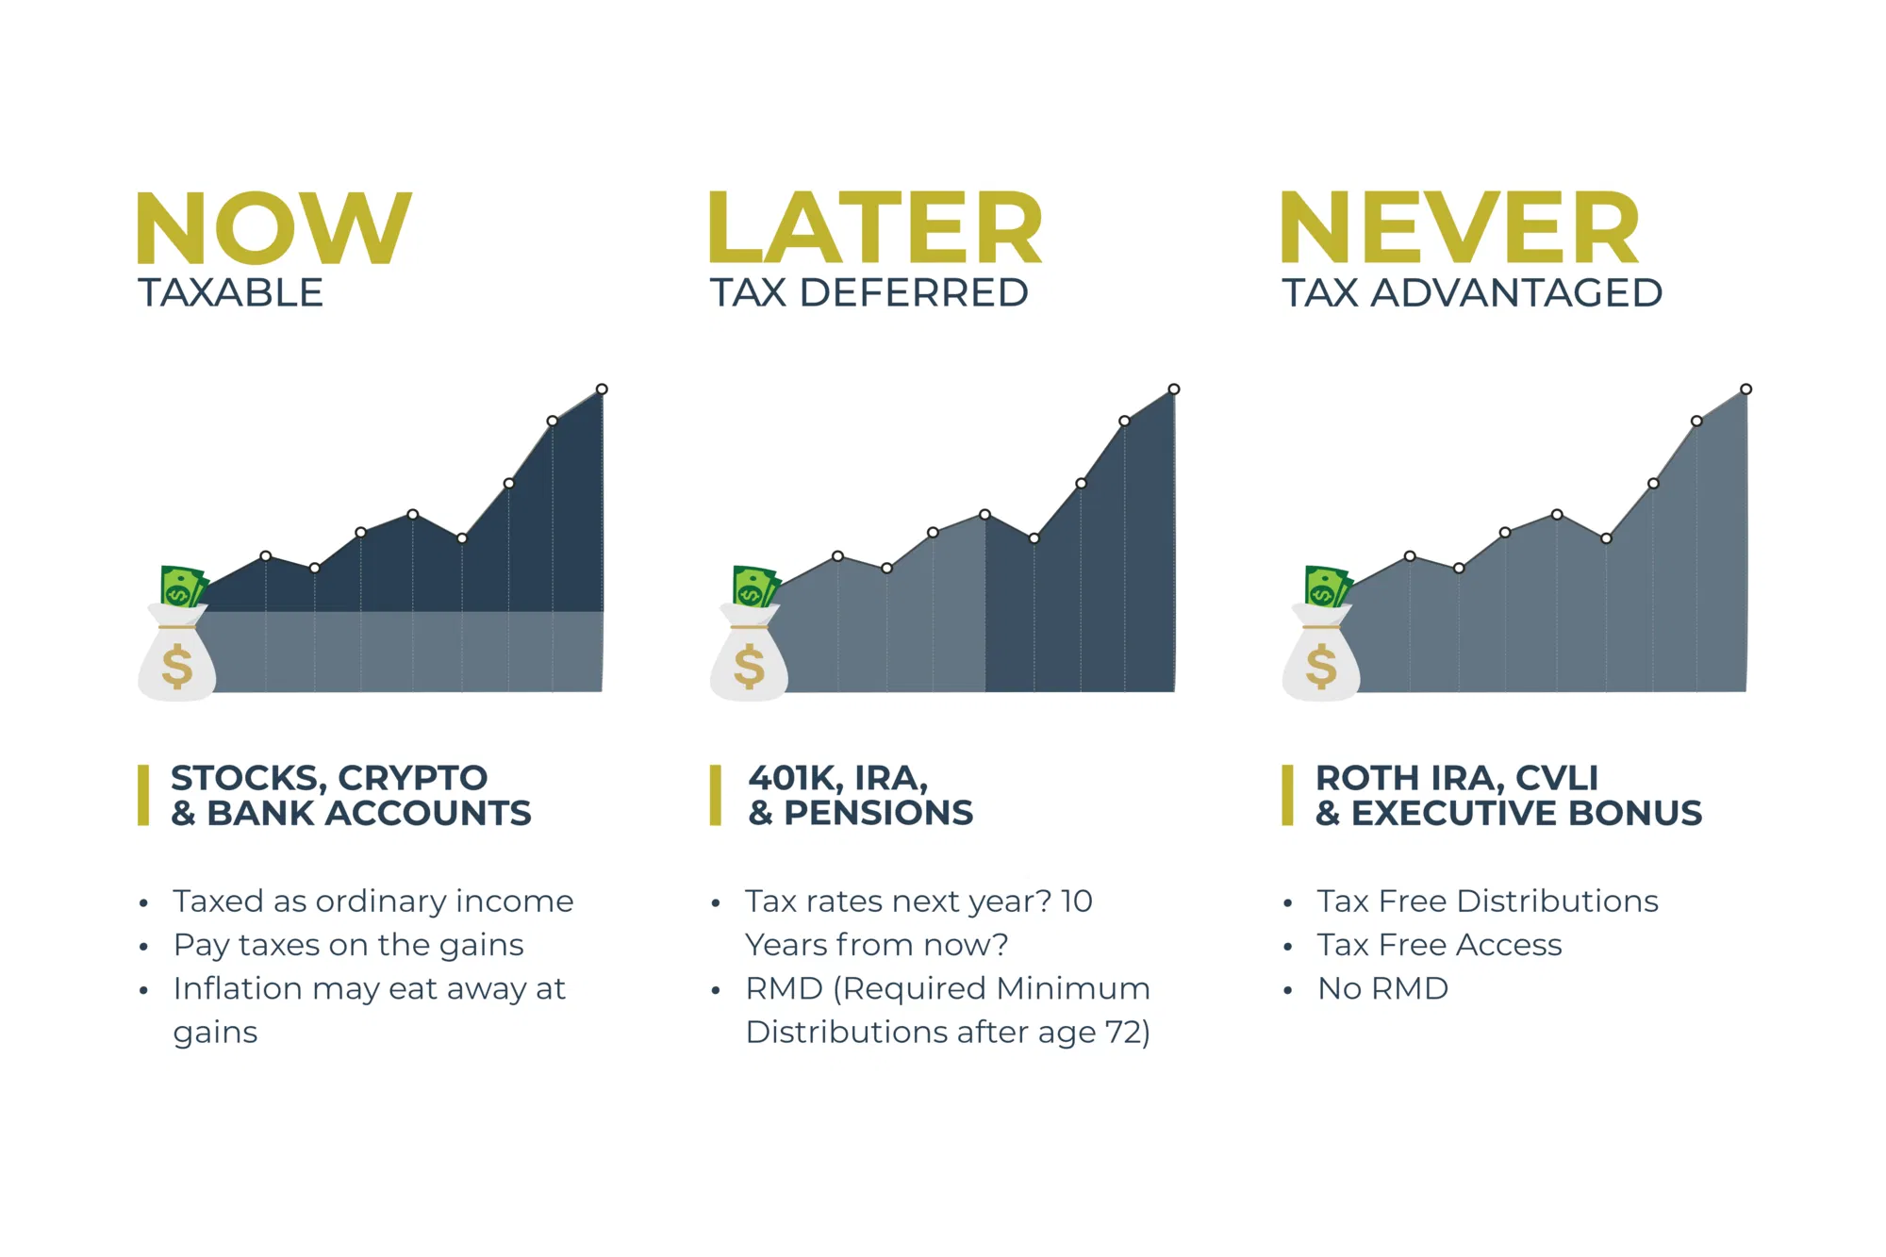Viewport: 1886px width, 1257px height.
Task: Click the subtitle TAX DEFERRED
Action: point(869,293)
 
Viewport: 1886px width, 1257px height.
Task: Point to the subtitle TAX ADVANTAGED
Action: point(1472,293)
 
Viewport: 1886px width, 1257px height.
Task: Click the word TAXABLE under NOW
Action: point(231,293)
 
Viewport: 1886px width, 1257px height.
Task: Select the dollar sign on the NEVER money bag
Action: point(1321,665)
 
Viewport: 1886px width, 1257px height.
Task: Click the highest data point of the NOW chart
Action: point(602,389)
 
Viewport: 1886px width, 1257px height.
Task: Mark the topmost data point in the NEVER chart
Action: point(1746,389)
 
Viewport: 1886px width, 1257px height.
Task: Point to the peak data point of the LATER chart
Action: point(1174,389)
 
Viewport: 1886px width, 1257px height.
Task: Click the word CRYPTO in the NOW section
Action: point(413,778)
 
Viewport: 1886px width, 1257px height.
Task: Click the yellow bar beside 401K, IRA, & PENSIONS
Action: point(716,795)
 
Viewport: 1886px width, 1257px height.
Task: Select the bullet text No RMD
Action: point(1382,988)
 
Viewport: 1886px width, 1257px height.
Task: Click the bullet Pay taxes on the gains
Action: point(348,946)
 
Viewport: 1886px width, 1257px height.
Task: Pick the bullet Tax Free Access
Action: point(1440,945)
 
